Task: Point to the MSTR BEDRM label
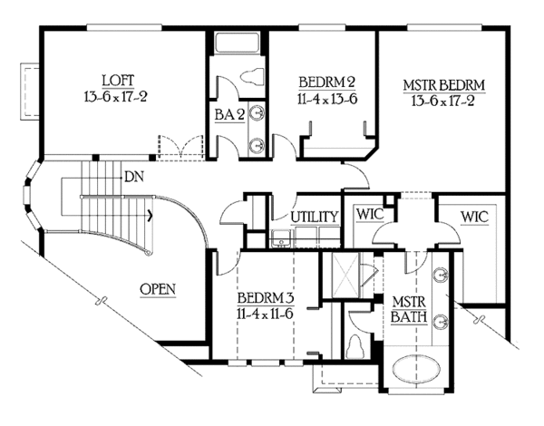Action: click(444, 86)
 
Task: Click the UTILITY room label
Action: click(315, 217)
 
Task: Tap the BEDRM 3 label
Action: click(262, 298)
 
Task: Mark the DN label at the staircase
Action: click(134, 177)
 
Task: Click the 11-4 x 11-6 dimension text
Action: click(262, 313)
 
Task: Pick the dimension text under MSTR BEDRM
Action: click(444, 102)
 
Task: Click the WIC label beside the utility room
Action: click(370, 214)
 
